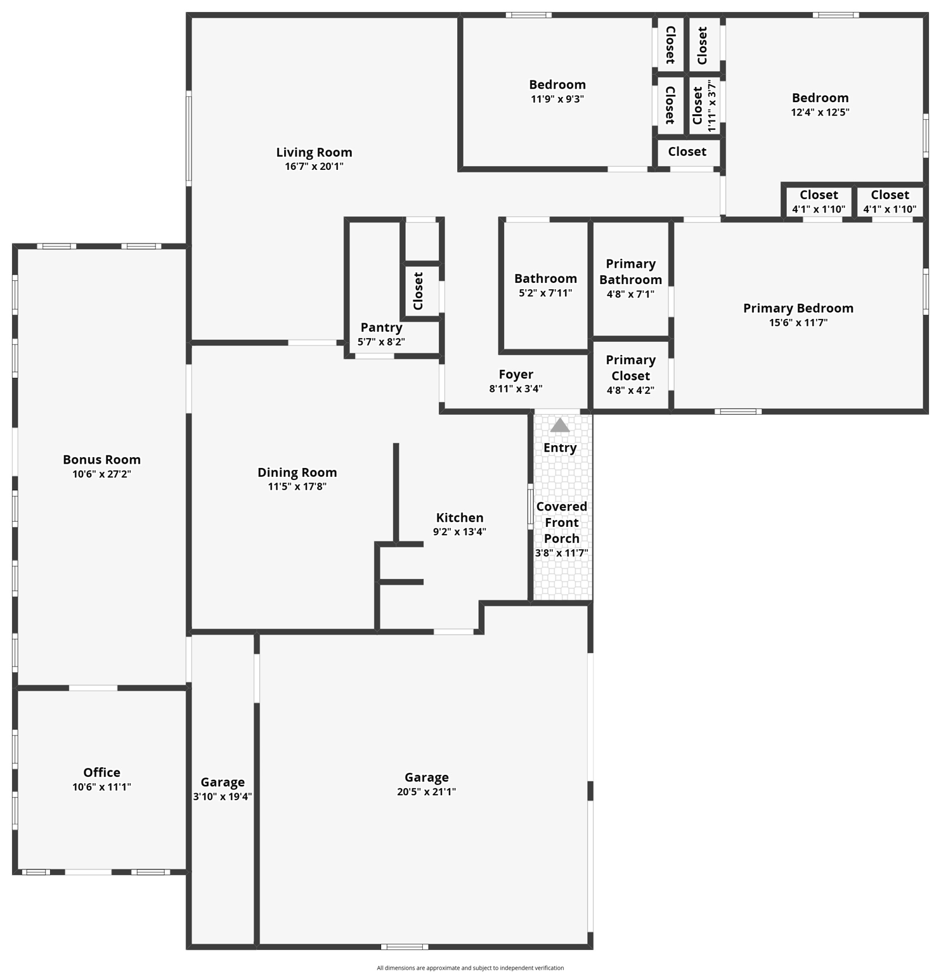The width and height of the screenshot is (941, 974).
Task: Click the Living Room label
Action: (x=314, y=152)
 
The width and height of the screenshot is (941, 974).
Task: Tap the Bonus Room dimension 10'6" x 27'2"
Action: (x=101, y=474)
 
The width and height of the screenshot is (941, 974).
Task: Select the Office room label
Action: (x=101, y=772)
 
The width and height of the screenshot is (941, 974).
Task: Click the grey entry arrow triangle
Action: (x=560, y=425)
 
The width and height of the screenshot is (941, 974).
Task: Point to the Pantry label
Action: (x=381, y=327)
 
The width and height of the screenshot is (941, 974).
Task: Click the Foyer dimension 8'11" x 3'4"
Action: (x=516, y=389)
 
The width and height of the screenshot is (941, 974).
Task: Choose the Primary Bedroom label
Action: (x=798, y=308)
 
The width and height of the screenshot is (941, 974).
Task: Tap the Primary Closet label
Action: (x=630, y=368)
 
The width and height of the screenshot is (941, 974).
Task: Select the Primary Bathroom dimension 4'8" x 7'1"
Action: (x=630, y=294)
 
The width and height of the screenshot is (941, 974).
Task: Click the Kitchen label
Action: (x=460, y=517)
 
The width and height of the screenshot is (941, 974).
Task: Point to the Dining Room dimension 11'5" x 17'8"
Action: (x=297, y=486)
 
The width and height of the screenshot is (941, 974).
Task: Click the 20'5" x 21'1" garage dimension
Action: (x=426, y=791)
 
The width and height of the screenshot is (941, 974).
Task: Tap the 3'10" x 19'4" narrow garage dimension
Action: (x=223, y=796)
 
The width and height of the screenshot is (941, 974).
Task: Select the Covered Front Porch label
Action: (x=562, y=523)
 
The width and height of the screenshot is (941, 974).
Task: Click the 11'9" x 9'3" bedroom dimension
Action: (x=557, y=99)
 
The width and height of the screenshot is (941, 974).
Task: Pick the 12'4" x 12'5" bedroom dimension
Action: (x=820, y=112)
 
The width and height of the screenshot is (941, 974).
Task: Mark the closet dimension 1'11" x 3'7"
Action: (x=711, y=106)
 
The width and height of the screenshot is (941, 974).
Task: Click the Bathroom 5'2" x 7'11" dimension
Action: (x=545, y=293)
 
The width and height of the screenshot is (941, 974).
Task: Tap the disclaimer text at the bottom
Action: (x=470, y=968)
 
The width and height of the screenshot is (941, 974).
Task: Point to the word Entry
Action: (x=560, y=448)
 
